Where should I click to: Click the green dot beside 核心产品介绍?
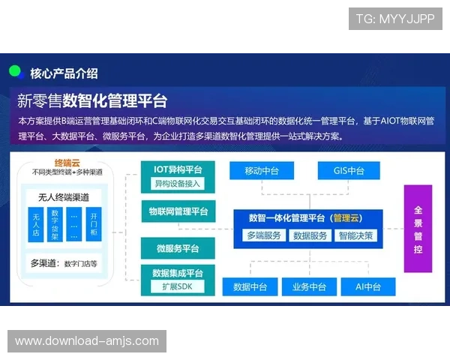[15, 71]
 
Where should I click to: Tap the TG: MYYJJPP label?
[395, 19]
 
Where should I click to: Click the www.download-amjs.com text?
[87, 341]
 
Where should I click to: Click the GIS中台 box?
[349, 171]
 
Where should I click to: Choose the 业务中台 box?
[309, 286]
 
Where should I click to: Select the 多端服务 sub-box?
[264, 235]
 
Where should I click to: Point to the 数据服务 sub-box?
[310, 235]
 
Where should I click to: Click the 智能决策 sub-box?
[355, 235]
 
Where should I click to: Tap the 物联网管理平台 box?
[178, 211]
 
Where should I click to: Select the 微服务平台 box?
[178, 248]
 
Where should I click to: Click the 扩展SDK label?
[178, 286]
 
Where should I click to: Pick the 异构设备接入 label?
[178, 184]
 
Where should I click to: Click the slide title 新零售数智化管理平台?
[92, 100]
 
